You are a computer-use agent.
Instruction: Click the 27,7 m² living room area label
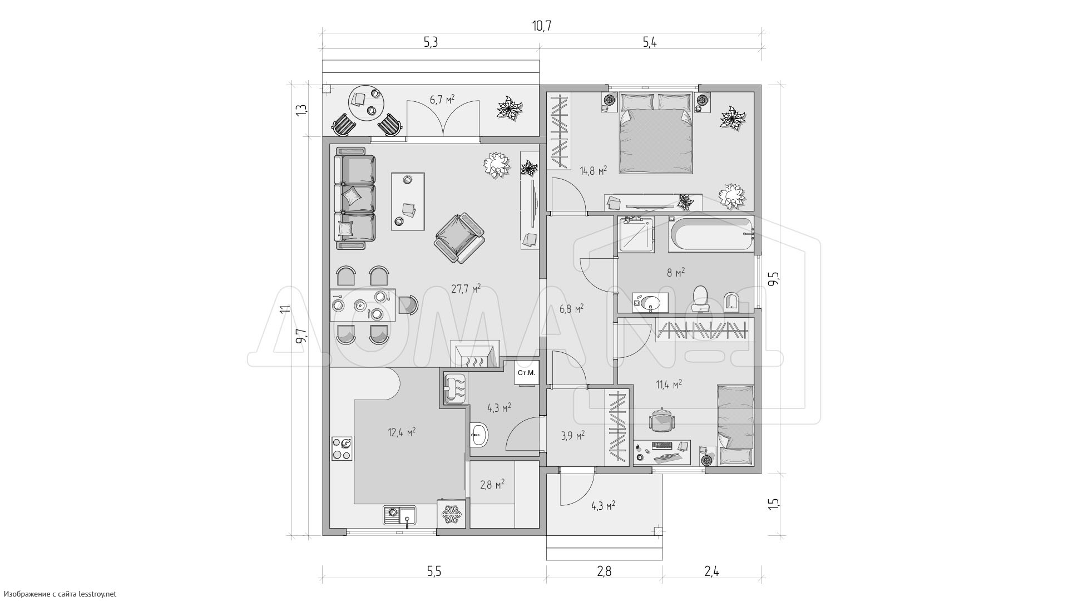tap(466, 289)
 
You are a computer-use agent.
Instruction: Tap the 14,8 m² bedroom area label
tap(593, 170)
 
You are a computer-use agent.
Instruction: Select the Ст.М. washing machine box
tap(526, 373)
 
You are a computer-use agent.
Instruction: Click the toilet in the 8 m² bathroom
tap(700, 298)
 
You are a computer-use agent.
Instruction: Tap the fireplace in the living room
tap(474, 354)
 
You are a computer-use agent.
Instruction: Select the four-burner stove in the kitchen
tap(342, 449)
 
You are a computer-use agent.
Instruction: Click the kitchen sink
tap(399, 515)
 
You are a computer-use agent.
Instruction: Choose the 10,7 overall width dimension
tap(541, 26)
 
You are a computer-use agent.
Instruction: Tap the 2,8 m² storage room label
tap(492, 484)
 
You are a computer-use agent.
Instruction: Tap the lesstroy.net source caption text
tap(59, 594)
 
